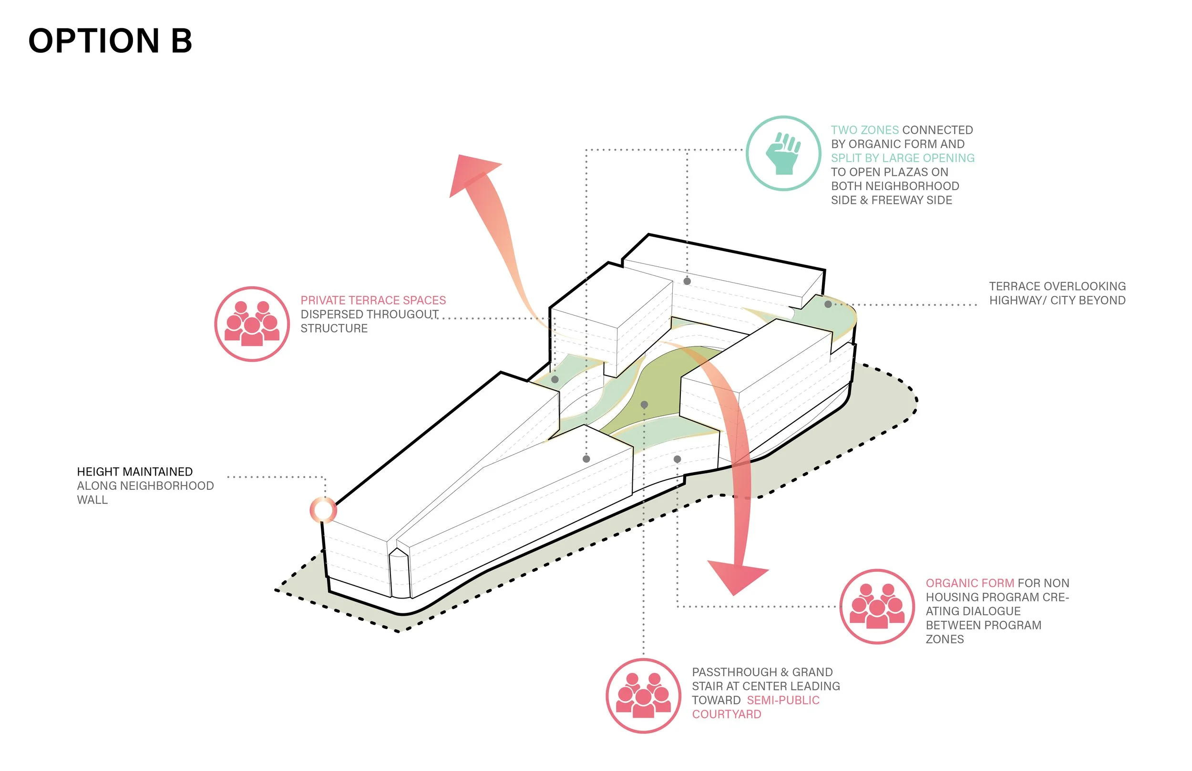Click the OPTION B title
tap(110, 41)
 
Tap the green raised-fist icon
tap(783, 153)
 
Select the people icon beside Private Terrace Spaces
tap(252, 324)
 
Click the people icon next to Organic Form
tap(877, 606)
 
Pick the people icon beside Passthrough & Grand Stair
tap(643, 696)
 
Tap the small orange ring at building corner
tap(323, 510)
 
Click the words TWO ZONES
tap(864, 130)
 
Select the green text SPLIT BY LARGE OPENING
tap(903, 158)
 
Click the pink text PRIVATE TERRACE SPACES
tap(373, 300)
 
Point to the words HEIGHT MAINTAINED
tap(135, 472)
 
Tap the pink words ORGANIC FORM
tap(970, 583)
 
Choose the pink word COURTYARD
tap(726, 714)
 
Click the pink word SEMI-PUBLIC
tap(783, 700)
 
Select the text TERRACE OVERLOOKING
tap(1057, 286)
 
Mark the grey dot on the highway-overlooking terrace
tap(828, 304)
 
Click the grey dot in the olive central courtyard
tap(644, 405)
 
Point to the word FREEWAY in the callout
tap(897, 200)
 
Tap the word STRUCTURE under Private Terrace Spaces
tap(334, 328)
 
